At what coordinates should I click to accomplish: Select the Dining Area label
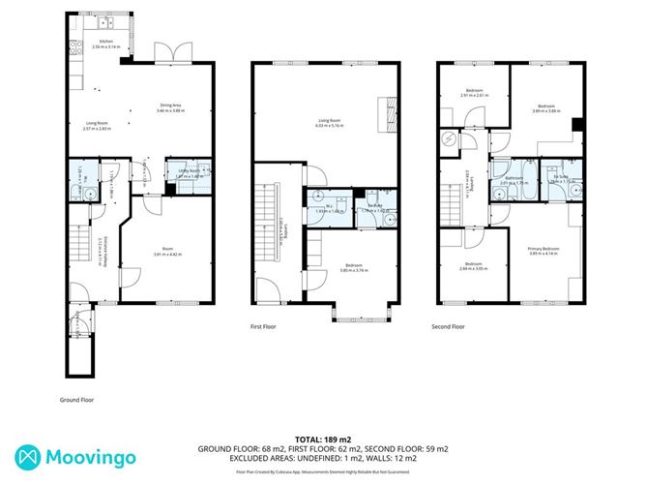(168, 107)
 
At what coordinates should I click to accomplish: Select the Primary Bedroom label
(544, 249)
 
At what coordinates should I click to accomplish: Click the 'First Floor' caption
(263, 327)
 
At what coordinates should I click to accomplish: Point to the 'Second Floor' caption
(449, 327)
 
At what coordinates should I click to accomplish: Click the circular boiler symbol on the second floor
(448, 137)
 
